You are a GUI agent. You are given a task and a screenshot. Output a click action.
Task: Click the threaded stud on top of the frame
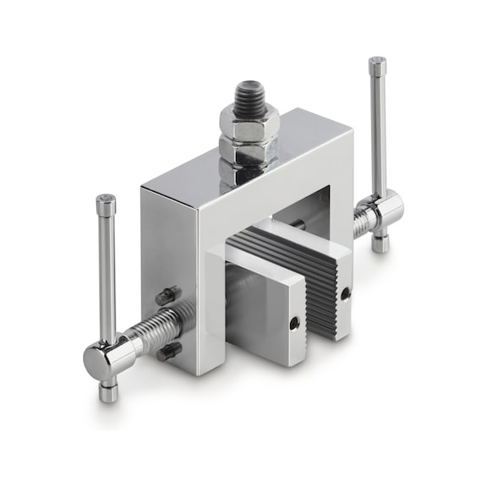coord(249,96)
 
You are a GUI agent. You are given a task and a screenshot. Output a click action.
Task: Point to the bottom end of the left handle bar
coord(107,391)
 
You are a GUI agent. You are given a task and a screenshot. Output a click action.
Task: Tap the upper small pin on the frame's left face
coord(165,295)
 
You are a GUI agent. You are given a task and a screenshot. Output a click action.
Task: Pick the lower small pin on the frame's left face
coord(168,351)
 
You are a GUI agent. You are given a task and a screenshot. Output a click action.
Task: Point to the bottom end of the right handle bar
coord(380,243)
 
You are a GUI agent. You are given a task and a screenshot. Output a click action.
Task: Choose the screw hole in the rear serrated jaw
coord(345,293)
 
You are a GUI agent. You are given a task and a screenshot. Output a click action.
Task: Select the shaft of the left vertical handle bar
coord(107,271)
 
